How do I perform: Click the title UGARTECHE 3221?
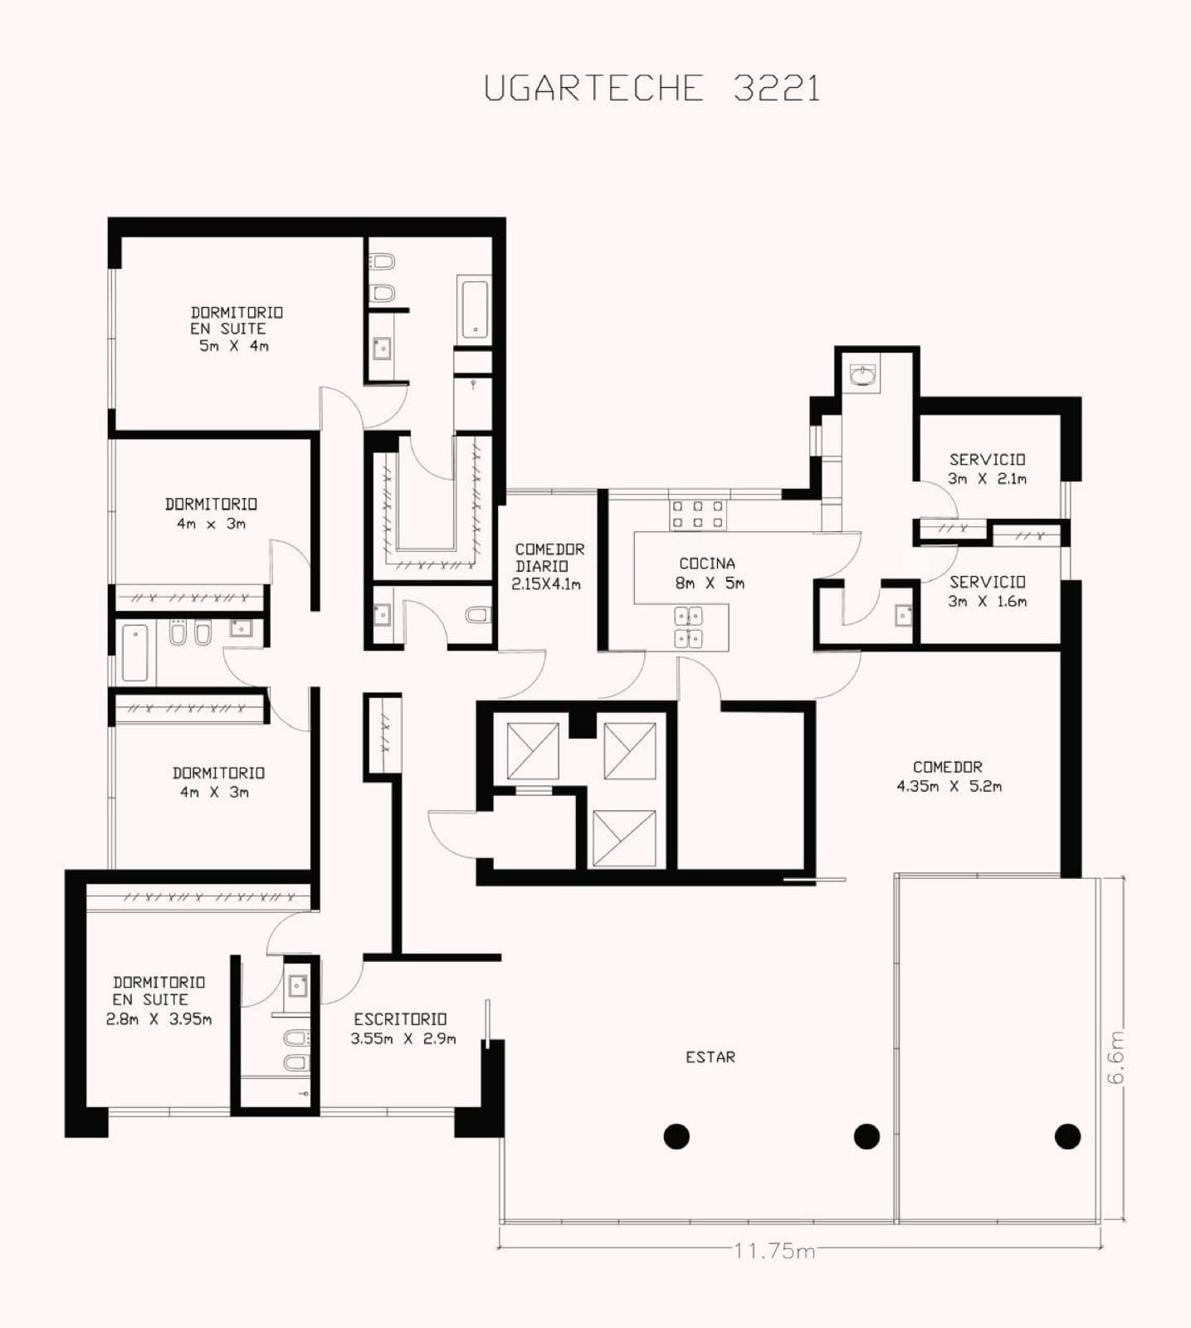click(x=652, y=88)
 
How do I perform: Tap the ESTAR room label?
click(x=710, y=1057)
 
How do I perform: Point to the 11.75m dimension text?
click(x=774, y=1250)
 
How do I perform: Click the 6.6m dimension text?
click(x=1116, y=1057)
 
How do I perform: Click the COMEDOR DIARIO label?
click(x=549, y=566)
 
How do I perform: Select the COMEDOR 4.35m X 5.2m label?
click(x=949, y=776)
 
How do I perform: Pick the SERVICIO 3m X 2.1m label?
click(x=988, y=469)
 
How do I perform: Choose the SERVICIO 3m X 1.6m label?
click(x=988, y=592)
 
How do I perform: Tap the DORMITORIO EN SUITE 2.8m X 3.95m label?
click(x=159, y=1000)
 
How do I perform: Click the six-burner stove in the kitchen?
click(x=698, y=514)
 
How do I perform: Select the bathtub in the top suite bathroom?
click(x=474, y=310)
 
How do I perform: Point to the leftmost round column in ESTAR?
click(x=676, y=1135)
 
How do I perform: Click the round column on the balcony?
click(x=1067, y=1135)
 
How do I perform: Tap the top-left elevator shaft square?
click(x=533, y=750)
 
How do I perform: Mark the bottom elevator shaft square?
click(x=624, y=838)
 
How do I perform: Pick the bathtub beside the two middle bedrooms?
click(x=134, y=652)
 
